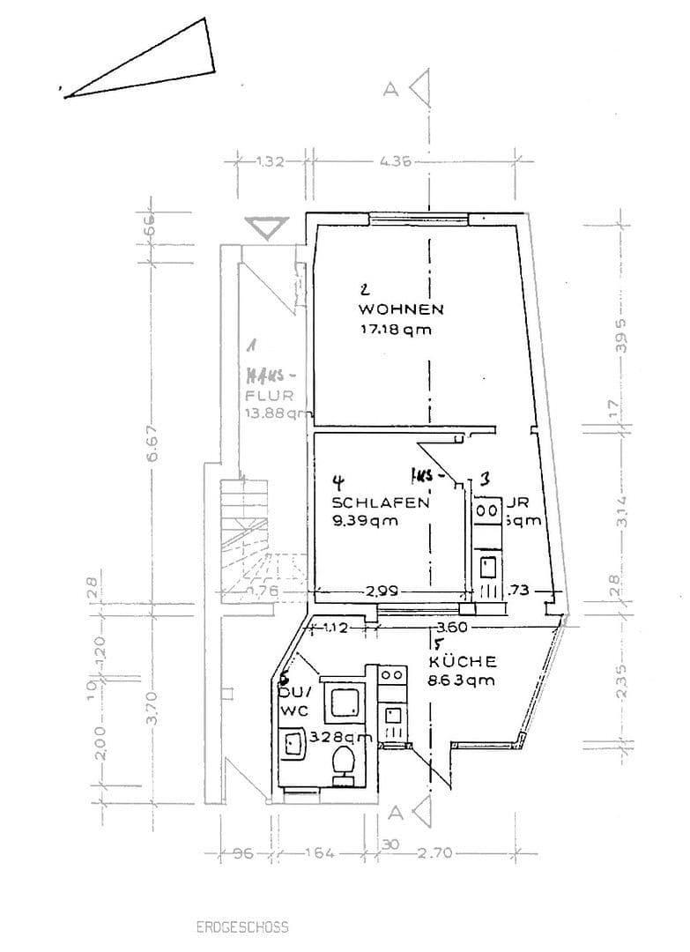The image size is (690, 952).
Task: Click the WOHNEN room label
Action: (x=400, y=309)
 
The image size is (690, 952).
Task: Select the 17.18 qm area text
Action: (x=394, y=331)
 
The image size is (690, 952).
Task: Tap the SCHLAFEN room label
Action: (x=380, y=502)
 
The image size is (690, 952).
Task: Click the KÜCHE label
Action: (x=463, y=661)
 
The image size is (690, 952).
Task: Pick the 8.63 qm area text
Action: (x=461, y=680)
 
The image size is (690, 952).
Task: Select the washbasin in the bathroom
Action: (x=292, y=745)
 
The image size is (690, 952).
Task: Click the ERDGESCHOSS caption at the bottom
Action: (x=242, y=927)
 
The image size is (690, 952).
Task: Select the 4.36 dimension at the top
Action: (x=394, y=161)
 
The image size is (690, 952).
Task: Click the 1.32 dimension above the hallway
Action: (x=269, y=161)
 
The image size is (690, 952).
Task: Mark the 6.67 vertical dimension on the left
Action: (x=152, y=450)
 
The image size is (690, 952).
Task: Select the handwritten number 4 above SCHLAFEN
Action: (x=338, y=481)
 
